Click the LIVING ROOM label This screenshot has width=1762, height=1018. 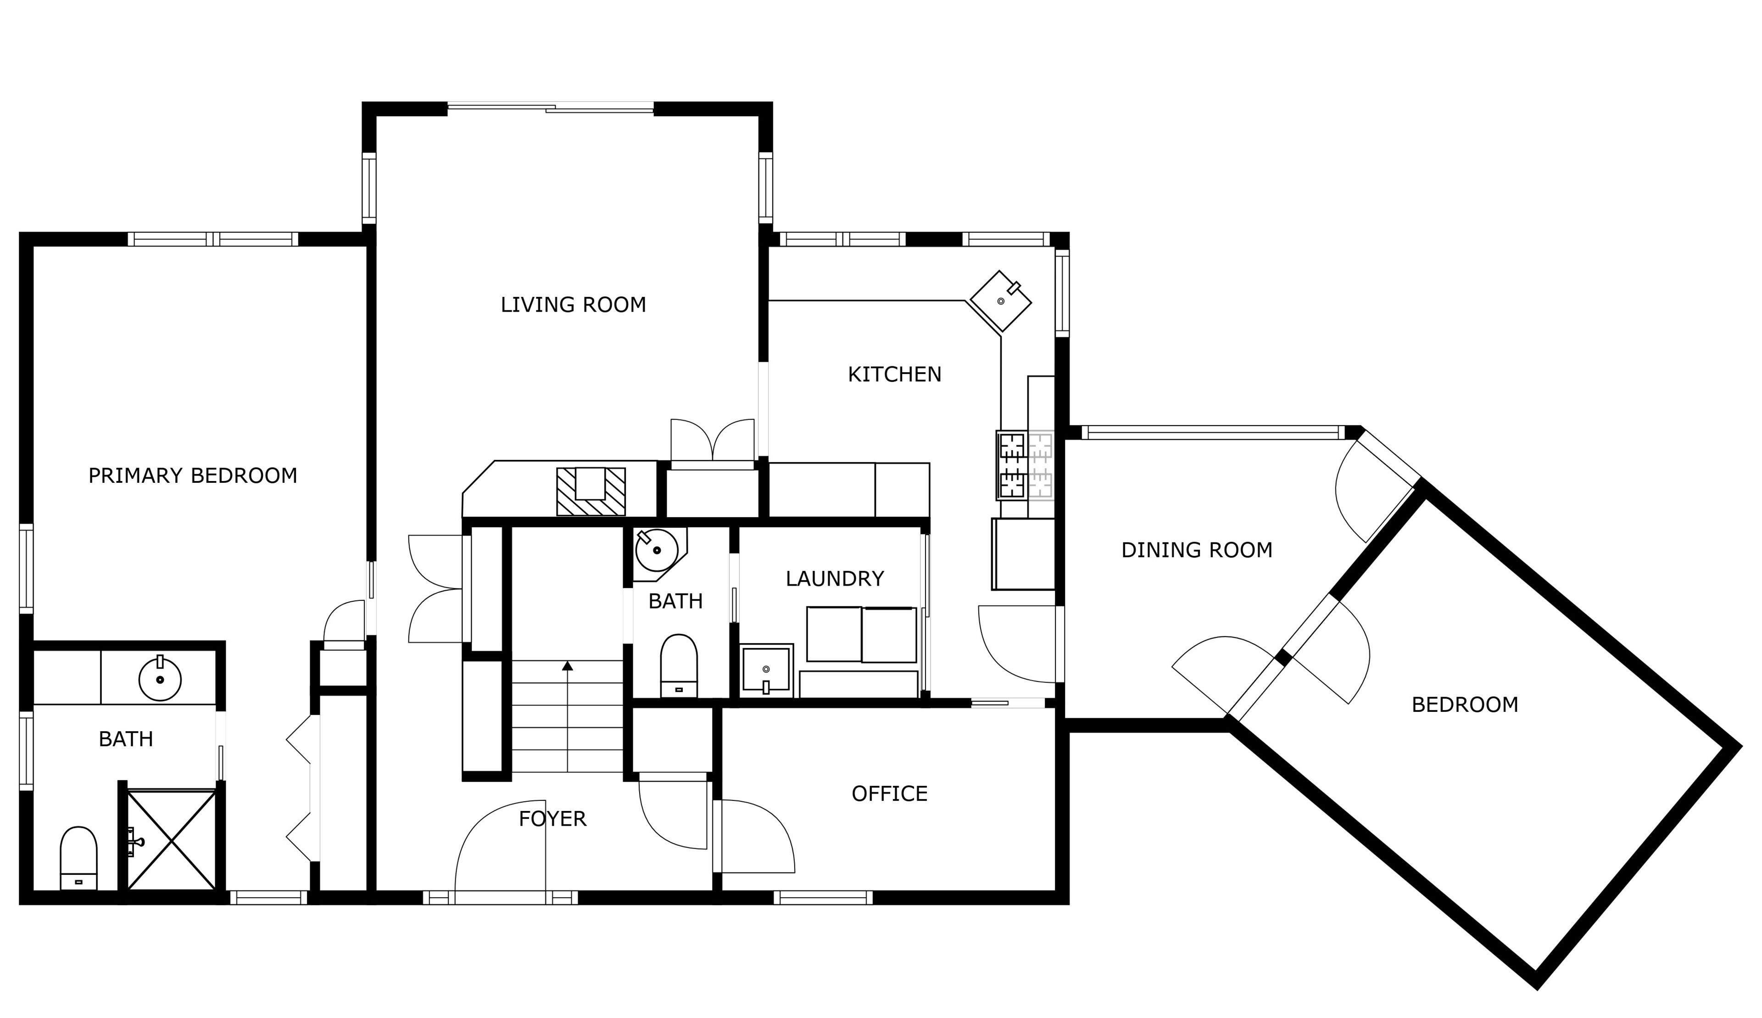tap(573, 305)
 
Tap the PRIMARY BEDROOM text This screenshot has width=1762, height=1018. tap(193, 476)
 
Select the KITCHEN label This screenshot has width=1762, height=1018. tap(895, 375)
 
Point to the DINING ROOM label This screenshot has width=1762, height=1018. tap(1197, 550)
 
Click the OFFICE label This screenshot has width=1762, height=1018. tap(890, 794)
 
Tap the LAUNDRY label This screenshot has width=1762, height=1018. tap(835, 579)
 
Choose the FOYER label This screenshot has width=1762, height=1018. tap(552, 819)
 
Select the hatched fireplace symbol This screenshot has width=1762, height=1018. tap(591, 492)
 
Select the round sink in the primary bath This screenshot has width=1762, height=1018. tap(160, 679)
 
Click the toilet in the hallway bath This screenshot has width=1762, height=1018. tap(679, 666)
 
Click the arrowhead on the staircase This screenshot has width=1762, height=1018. tap(568, 666)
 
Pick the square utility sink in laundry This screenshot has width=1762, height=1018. tap(767, 670)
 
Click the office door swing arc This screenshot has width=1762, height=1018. tap(776, 825)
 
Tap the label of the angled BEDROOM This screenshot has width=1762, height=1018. tap(1465, 705)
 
